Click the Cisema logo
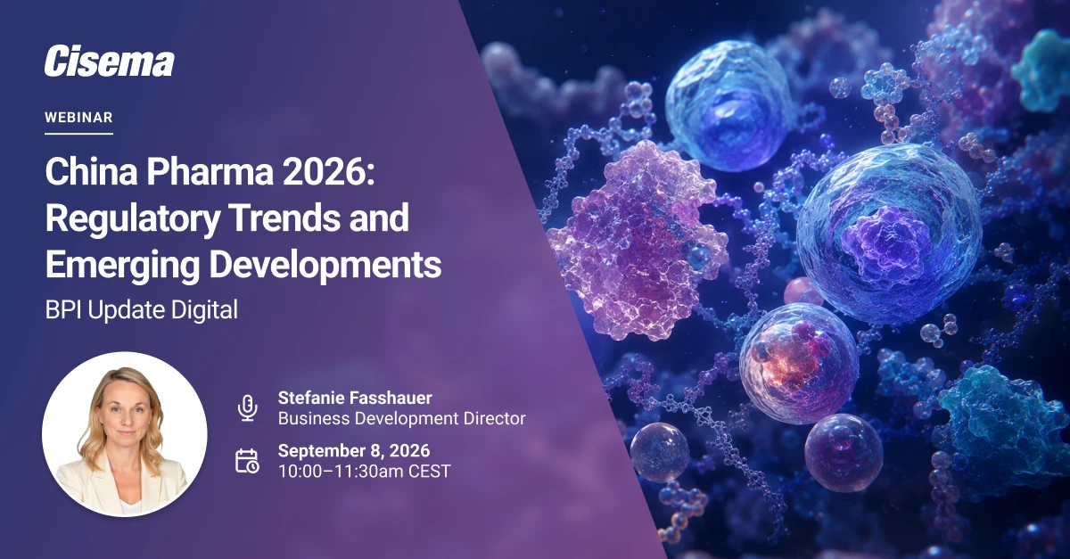pos(110,62)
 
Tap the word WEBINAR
pos(78,118)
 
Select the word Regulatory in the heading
pos(132,218)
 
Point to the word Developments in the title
pos(325,265)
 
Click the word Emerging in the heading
pos(122,266)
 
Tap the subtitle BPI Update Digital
pos(142,309)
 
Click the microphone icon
pos(248,407)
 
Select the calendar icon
pos(248,461)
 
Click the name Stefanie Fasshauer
pos(355,398)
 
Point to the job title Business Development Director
pos(402,418)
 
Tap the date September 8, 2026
pos(354,450)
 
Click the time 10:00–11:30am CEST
pos(365,472)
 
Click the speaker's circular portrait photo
pos(125,434)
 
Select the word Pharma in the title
pos(210,172)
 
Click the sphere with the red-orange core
pos(799,362)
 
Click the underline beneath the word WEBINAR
pos(78,134)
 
